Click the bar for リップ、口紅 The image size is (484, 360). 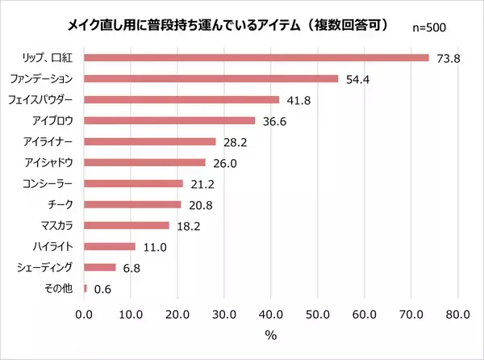coord(256,57)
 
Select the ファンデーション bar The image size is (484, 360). coord(211,78)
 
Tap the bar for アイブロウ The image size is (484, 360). coord(169,120)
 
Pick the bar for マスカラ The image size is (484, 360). coord(126,225)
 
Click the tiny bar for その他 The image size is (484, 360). coord(85,288)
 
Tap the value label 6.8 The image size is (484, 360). coord(132,267)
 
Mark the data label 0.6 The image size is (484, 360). coord(103,288)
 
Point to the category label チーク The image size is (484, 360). coord(62,204)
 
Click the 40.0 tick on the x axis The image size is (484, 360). coord(271,313)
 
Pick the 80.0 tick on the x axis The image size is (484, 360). coord(458,313)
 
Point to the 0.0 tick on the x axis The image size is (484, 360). coord(84,313)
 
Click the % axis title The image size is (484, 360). coord(271,333)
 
